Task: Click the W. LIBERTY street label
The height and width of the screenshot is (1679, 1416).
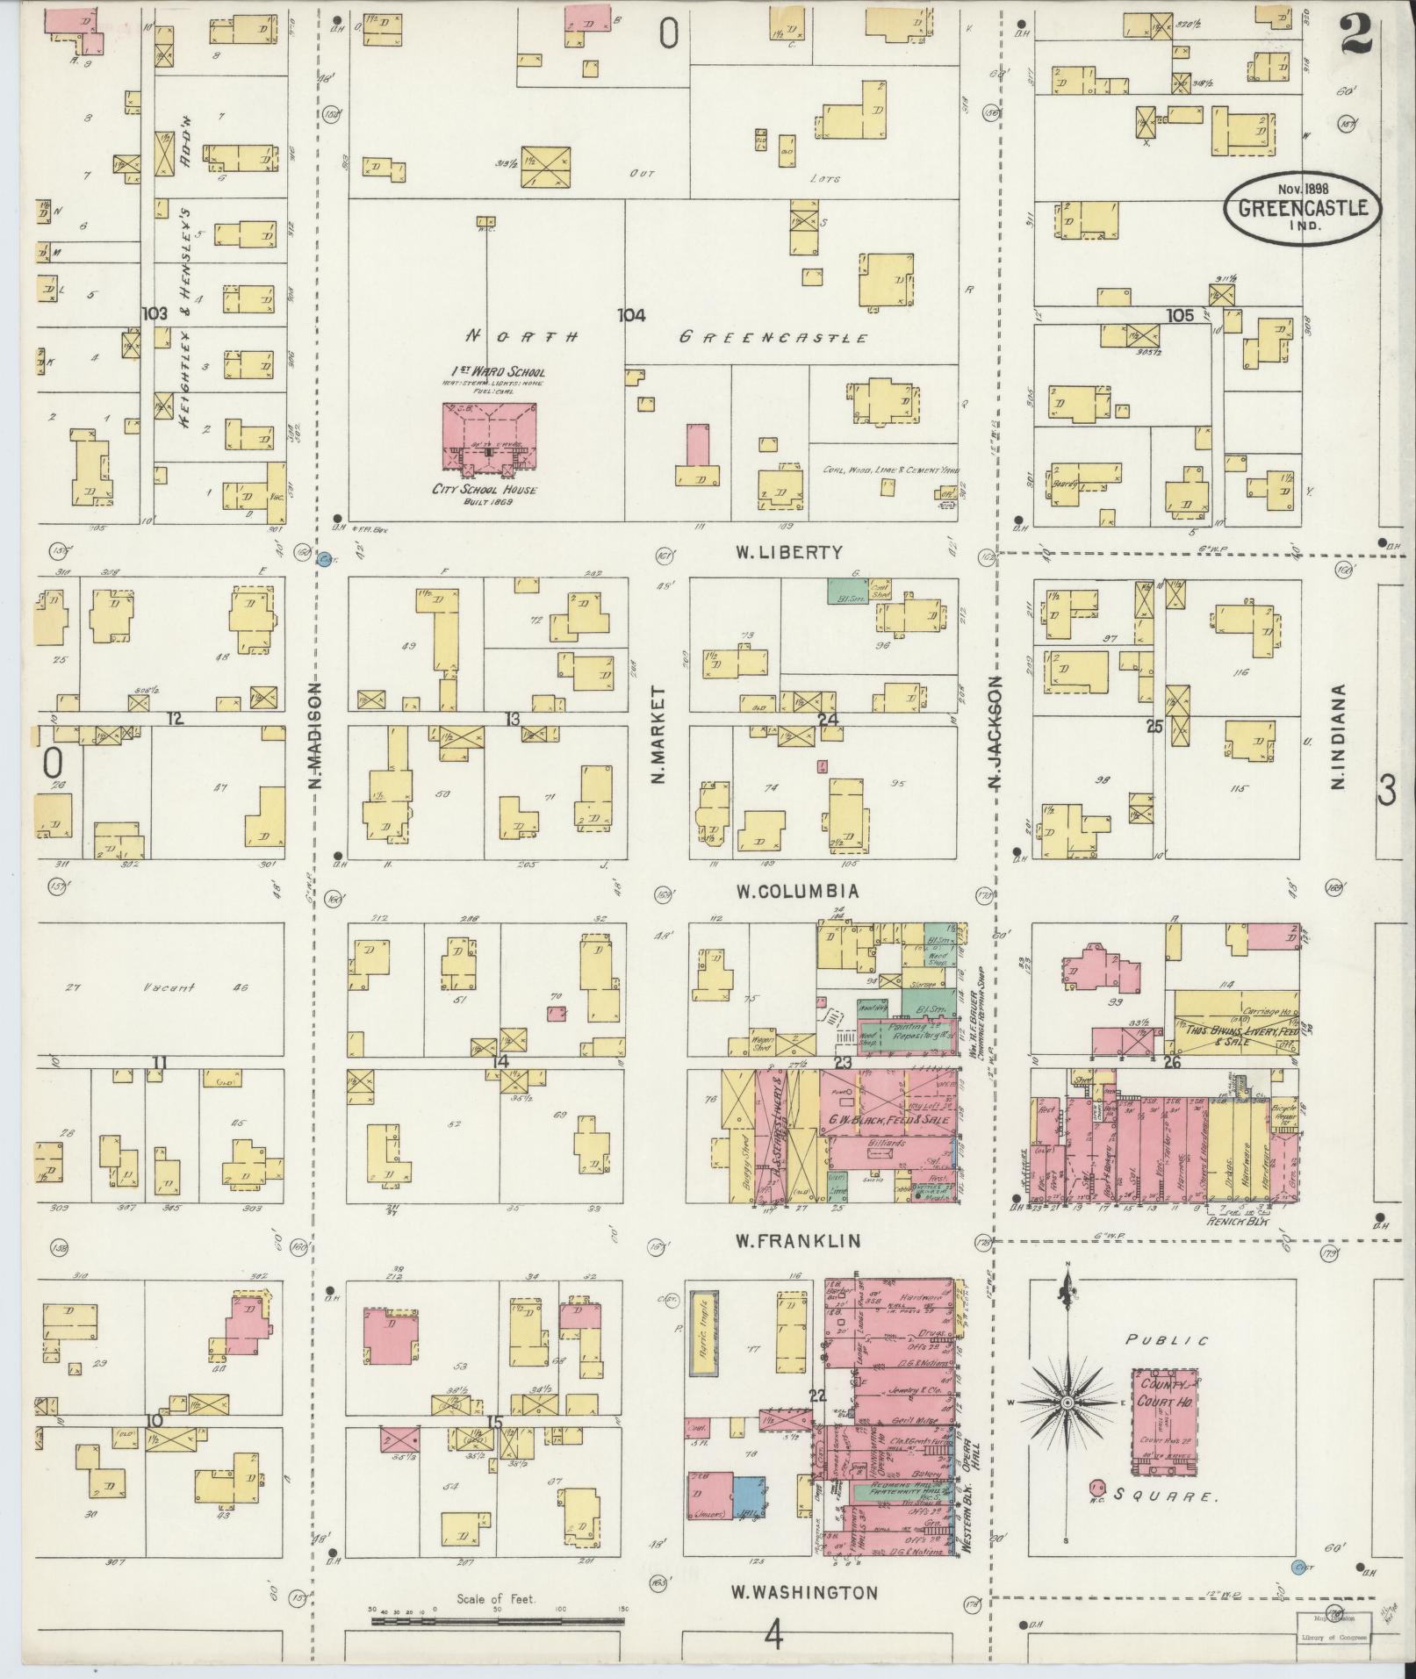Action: click(788, 552)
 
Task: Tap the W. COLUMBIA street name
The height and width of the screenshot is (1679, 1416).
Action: click(796, 892)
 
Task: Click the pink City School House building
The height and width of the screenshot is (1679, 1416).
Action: click(489, 442)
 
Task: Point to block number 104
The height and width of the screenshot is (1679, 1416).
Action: click(631, 316)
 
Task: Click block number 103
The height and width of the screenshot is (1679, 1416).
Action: click(155, 312)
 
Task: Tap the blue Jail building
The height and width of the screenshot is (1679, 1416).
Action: click(749, 1496)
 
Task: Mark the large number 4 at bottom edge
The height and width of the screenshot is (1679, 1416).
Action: click(773, 1635)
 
